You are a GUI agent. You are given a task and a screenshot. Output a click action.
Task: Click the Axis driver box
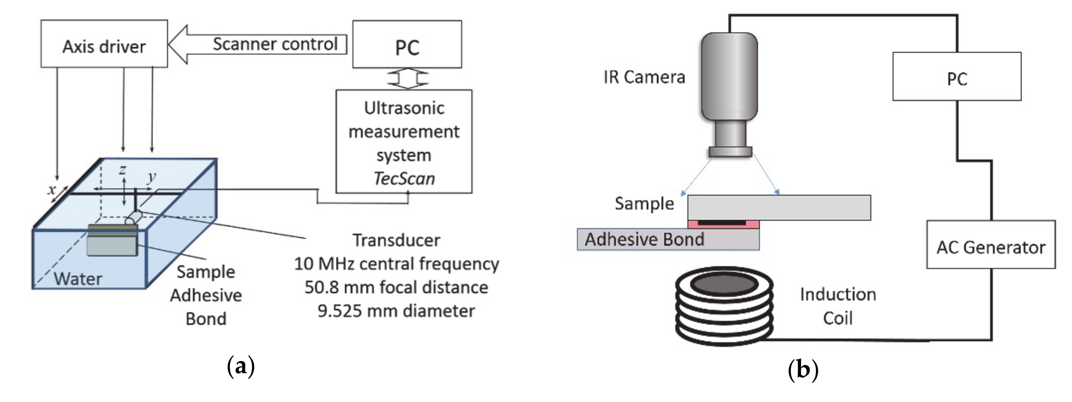pyautogui.click(x=104, y=44)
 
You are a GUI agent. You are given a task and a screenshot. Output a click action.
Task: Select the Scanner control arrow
pyautogui.click(x=258, y=44)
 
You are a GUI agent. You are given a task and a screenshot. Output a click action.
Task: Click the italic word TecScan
pyautogui.click(x=404, y=179)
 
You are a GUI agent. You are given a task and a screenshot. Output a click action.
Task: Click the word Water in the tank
pyautogui.click(x=78, y=278)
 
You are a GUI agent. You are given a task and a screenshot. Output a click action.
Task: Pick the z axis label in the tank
pyautogui.click(x=122, y=170)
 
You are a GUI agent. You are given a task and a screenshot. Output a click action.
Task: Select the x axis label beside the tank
pyautogui.click(x=52, y=190)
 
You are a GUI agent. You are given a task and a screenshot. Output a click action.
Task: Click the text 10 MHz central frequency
pyautogui.click(x=396, y=264)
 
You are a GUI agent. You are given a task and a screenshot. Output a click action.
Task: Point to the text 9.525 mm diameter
pyautogui.click(x=396, y=311)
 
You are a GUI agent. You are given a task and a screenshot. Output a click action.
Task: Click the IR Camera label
pyautogui.click(x=644, y=77)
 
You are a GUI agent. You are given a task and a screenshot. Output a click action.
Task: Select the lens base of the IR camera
pyautogui.click(x=730, y=151)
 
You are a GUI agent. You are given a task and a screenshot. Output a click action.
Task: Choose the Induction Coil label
pyautogui.click(x=838, y=306)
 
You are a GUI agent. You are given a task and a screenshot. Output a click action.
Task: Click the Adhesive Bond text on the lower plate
pyautogui.click(x=644, y=240)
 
